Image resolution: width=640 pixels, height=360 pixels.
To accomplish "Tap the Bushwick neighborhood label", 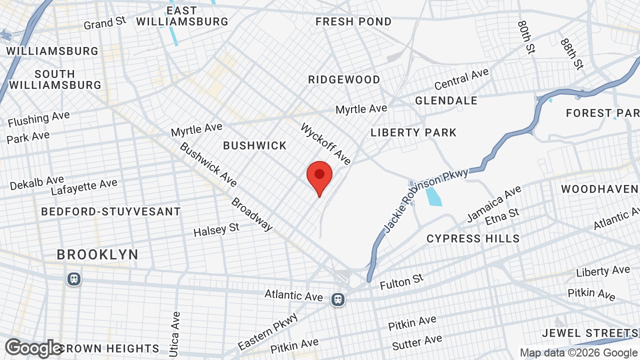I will coord(255,145).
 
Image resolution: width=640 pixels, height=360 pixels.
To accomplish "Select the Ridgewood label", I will coord(344,80).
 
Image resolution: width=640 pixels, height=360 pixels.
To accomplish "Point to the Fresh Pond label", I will coord(353,21).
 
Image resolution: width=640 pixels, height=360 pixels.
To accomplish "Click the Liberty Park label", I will coord(413,132).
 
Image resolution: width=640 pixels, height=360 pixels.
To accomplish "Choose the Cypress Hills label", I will coord(473,238).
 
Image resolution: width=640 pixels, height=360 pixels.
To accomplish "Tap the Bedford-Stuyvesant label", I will coord(110,211).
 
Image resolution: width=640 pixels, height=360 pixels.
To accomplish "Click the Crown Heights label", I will coord(110,348).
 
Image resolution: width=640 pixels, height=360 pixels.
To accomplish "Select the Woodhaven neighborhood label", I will coord(599,189).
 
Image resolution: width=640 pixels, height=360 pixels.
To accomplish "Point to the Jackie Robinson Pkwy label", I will coord(425,200).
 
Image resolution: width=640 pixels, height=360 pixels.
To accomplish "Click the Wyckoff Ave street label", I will coord(325,144).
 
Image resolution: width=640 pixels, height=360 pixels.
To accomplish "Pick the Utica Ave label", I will coord(174,334).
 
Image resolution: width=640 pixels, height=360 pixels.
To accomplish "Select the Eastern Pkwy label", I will coord(267,331).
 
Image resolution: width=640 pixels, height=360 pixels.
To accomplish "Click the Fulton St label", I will coord(401,282).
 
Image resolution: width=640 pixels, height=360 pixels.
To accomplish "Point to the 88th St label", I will coord(572,53).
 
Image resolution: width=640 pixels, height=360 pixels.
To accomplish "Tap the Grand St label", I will coord(105,22).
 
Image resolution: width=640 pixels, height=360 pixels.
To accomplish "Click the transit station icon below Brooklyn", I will coord(74,279).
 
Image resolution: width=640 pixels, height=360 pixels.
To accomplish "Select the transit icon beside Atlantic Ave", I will coord(338,299).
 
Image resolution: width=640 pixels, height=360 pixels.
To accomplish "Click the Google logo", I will coord(33,348).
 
